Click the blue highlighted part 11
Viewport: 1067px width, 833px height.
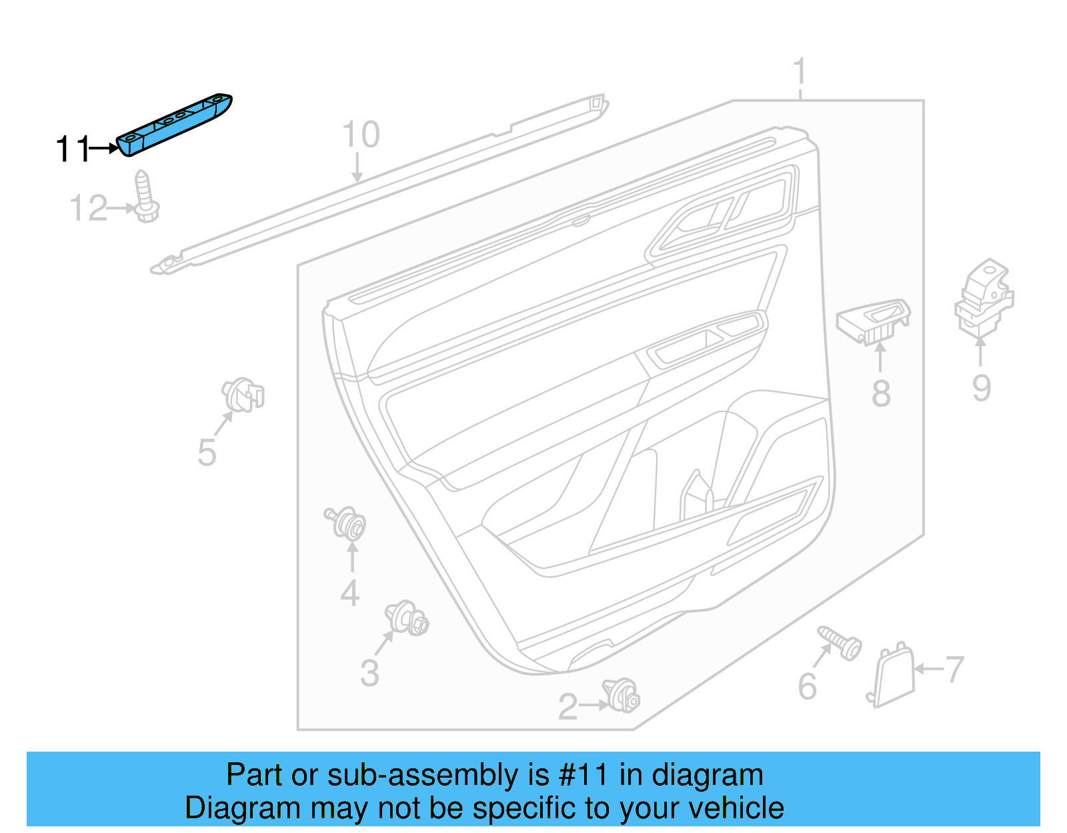175,125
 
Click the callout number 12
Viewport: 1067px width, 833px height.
88,209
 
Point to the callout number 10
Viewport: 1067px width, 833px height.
361,135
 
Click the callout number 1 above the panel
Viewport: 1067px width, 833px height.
800,72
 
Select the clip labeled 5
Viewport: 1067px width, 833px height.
243,395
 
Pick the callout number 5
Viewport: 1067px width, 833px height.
207,453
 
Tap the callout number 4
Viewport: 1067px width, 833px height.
350,593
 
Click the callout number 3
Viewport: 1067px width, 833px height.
369,673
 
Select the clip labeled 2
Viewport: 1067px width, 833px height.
622,696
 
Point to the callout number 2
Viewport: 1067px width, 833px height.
568,707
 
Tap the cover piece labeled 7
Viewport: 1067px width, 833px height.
892,675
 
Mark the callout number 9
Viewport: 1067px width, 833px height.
981,388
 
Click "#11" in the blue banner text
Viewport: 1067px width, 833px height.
583,775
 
